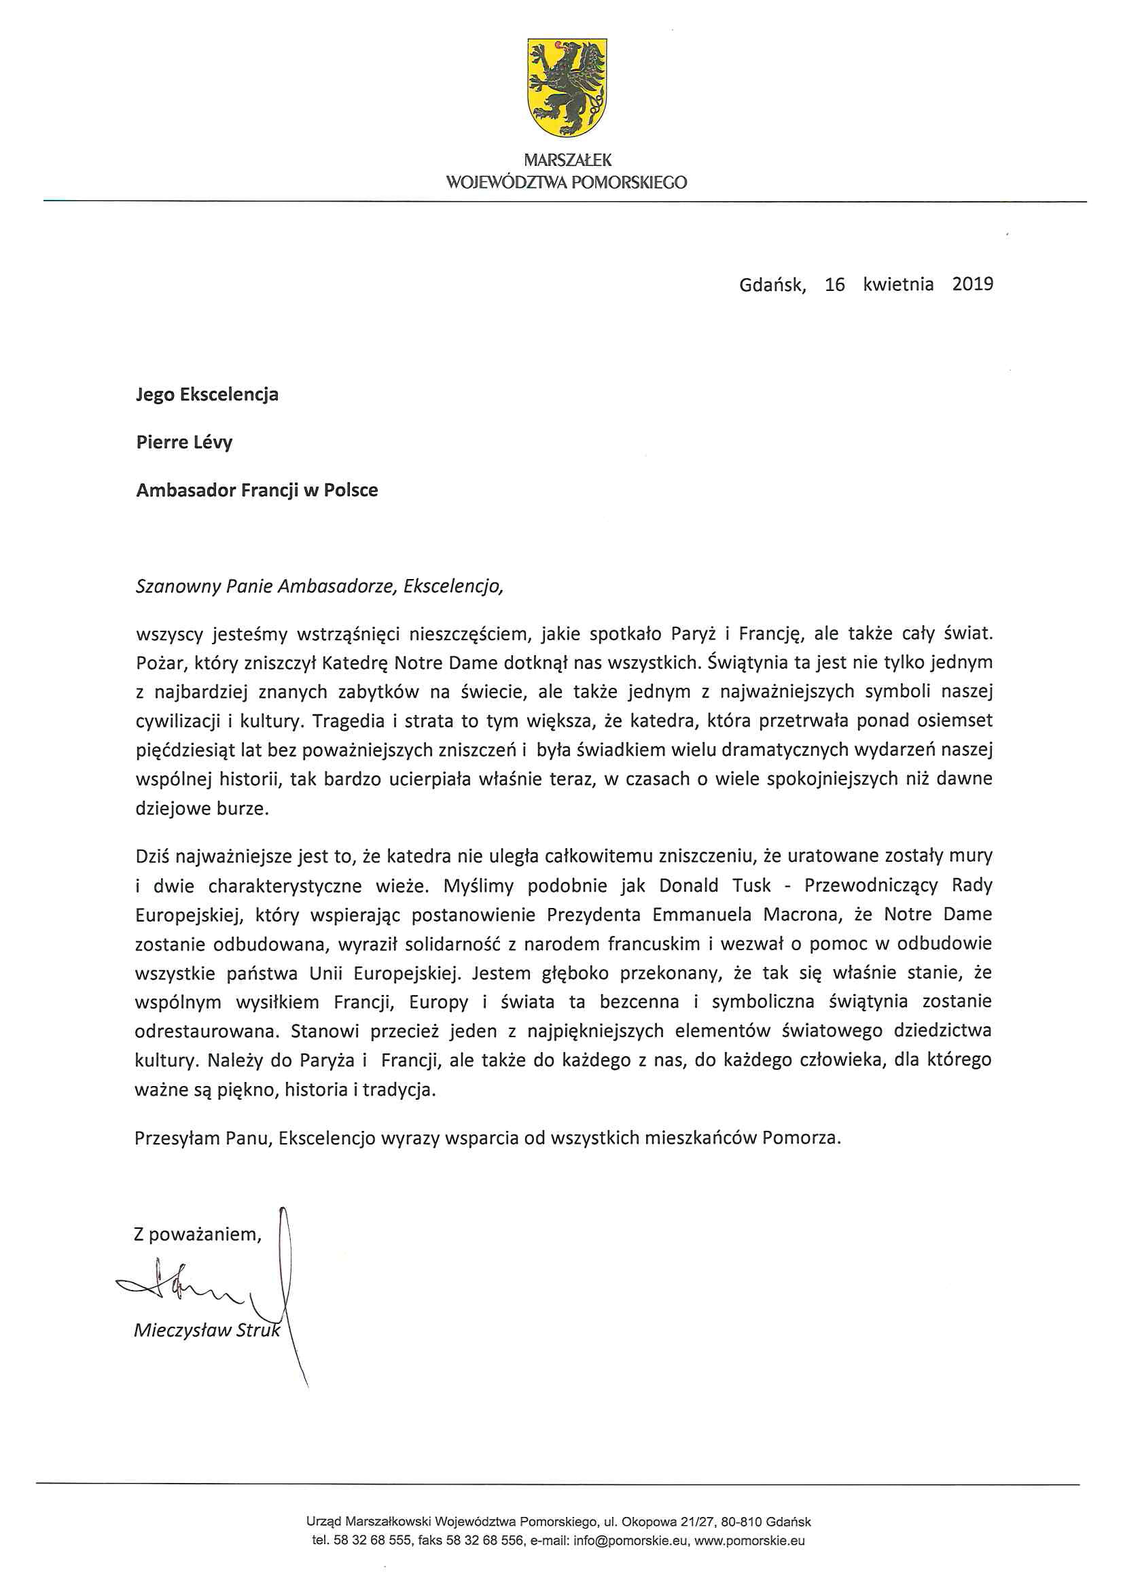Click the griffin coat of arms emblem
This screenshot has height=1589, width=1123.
567,87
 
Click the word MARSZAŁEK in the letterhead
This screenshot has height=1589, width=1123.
567,160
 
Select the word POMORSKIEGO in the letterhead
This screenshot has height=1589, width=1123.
628,183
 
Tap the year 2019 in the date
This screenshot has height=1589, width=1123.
972,284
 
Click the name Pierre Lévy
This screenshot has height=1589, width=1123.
184,442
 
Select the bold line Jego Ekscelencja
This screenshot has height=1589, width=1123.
207,394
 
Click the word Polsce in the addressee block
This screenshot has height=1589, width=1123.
351,490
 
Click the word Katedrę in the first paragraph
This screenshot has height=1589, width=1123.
355,663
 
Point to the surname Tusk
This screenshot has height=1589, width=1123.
751,885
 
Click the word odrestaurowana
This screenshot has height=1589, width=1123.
207,1031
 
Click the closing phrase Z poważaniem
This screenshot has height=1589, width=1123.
197,1234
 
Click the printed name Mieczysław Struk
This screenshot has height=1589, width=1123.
207,1330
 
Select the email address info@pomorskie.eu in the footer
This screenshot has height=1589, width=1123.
631,1541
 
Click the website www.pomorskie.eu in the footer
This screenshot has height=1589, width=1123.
749,1541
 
